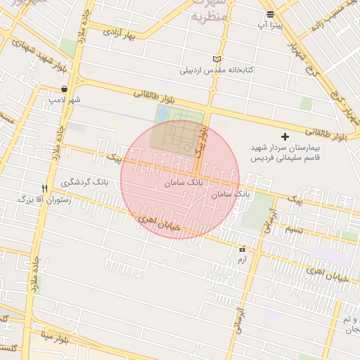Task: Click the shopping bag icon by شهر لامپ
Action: click(x=65, y=89)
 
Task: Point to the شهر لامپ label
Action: click(x=64, y=100)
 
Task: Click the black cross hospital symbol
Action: click(x=285, y=136)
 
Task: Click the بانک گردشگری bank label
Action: click(x=85, y=182)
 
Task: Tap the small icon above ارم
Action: click(x=242, y=249)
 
